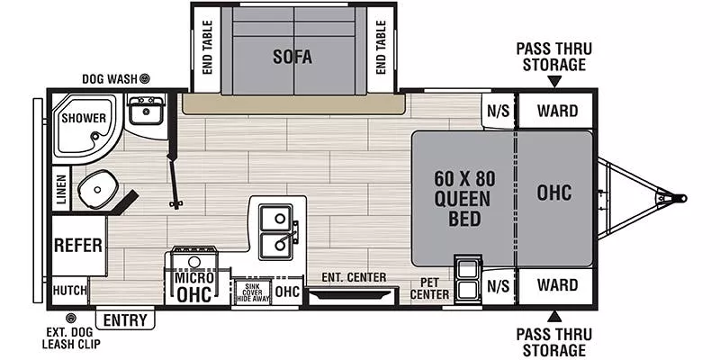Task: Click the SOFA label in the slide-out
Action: (x=292, y=57)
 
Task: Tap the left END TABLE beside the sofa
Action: (x=206, y=49)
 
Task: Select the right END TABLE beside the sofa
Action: (x=381, y=49)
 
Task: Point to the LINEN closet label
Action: (x=61, y=190)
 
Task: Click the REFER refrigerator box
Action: (x=76, y=246)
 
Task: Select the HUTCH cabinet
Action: (x=70, y=290)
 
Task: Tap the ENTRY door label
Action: (x=126, y=319)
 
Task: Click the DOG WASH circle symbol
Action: (x=144, y=79)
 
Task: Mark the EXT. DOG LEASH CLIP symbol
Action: (x=72, y=318)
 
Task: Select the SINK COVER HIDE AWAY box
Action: (x=251, y=292)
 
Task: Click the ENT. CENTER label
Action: (x=354, y=277)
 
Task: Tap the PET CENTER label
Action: (x=429, y=288)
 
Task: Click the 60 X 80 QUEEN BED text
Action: (x=463, y=196)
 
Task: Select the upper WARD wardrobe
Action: (x=557, y=111)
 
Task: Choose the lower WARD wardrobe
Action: (x=557, y=285)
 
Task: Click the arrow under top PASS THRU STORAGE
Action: (x=553, y=81)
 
